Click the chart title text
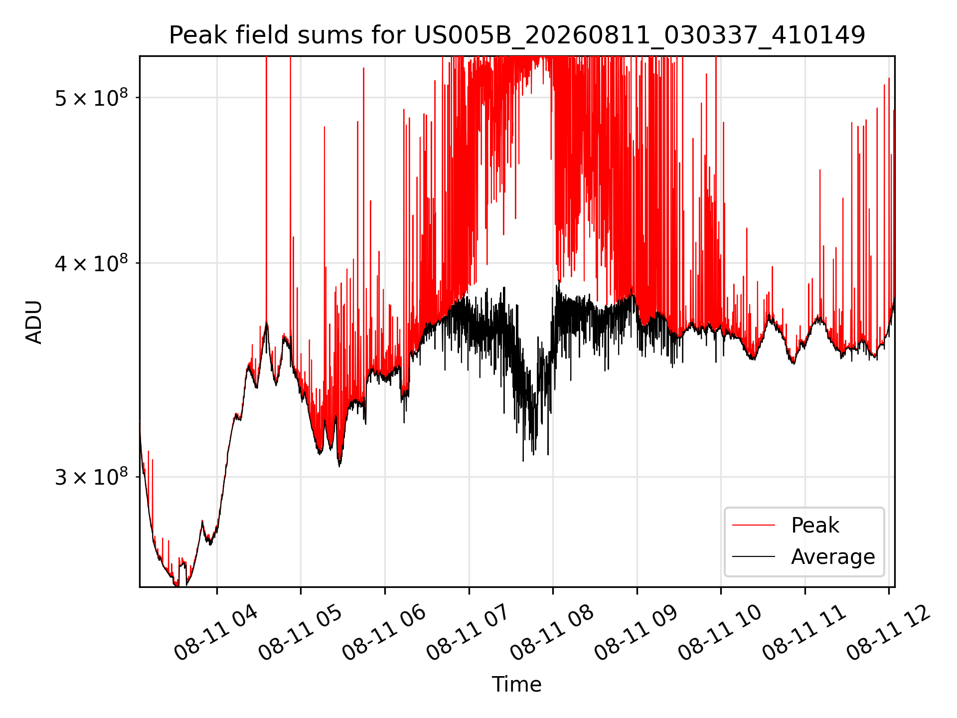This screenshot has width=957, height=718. click(x=517, y=35)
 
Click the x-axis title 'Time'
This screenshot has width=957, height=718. click(x=517, y=684)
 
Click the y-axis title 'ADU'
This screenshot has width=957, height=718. click(x=34, y=322)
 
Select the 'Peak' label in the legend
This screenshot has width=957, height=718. click(x=815, y=525)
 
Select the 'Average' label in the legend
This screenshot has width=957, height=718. click(x=833, y=556)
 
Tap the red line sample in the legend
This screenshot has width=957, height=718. click(x=754, y=525)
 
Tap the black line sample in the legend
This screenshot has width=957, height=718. click(x=754, y=556)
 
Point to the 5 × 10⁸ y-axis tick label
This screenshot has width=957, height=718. click(x=91, y=98)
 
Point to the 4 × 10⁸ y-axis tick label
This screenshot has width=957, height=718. click(x=91, y=263)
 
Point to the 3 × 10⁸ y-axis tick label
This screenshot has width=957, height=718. click(x=91, y=477)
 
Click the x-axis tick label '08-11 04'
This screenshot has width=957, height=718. click(x=216, y=633)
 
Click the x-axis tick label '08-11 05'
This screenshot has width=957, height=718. click(x=300, y=633)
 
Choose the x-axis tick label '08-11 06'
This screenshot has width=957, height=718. click(x=384, y=633)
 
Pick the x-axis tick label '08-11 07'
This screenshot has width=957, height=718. click(x=468, y=633)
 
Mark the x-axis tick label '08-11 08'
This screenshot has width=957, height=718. click(x=552, y=633)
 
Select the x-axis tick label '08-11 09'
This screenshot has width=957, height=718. click(x=636, y=633)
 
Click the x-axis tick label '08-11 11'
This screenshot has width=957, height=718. click(x=804, y=633)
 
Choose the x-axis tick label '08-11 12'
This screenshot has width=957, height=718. click(x=888, y=633)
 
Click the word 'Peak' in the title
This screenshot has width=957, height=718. click(x=198, y=35)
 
